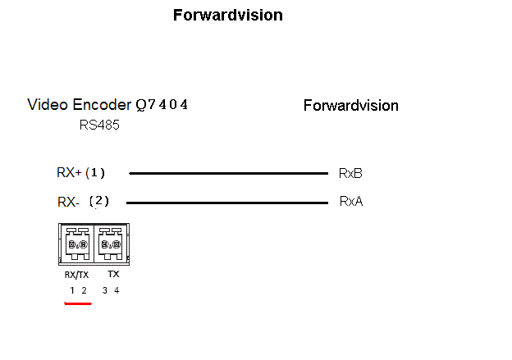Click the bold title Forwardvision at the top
coord(228,16)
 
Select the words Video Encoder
coord(79,105)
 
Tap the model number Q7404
coord(162,105)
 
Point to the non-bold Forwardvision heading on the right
coord(350,106)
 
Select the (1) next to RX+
coord(95,173)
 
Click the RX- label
coord(68,202)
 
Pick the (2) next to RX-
coord(98,201)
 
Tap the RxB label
coord(350,174)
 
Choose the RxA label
coord(350,201)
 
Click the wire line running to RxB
coord(228,174)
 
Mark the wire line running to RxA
coord(226,202)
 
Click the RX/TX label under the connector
coord(76,275)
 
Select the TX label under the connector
coord(113,274)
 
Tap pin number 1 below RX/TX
coord(71,290)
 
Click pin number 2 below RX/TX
coord(84,290)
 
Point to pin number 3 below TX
coord(104,290)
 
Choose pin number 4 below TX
coord(117,290)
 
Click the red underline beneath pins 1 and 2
coord(78,303)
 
